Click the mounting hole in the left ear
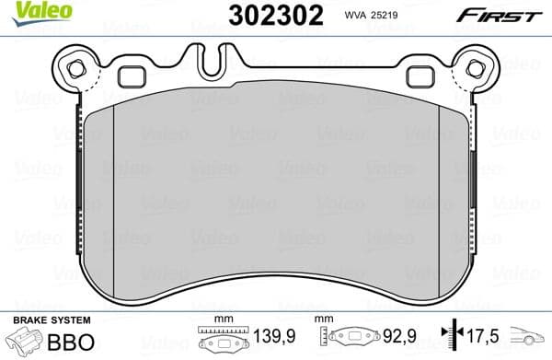click(x=75, y=67)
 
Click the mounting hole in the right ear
click(x=476, y=67)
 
